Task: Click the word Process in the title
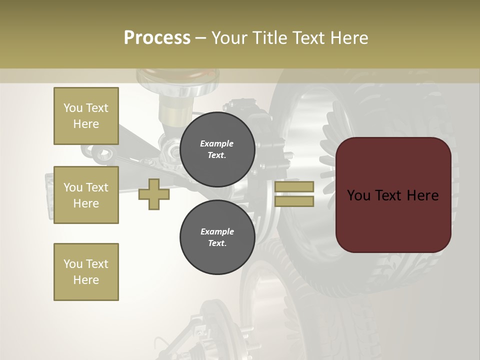[157, 38]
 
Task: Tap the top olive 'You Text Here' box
[86, 116]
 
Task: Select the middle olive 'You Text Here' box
[86, 195]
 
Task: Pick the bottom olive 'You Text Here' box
[86, 272]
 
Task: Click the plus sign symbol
[154, 194]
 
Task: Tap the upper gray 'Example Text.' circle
[217, 149]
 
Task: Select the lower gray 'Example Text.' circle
[217, 237]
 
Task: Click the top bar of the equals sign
[294, 187]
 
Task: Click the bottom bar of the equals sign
[294, 201]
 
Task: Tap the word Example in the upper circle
[217, 143]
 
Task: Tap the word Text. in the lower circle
[217, 243]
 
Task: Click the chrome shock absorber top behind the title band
[178, 80]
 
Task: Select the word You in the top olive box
[73, 108]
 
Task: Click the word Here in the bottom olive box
[86, 280]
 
